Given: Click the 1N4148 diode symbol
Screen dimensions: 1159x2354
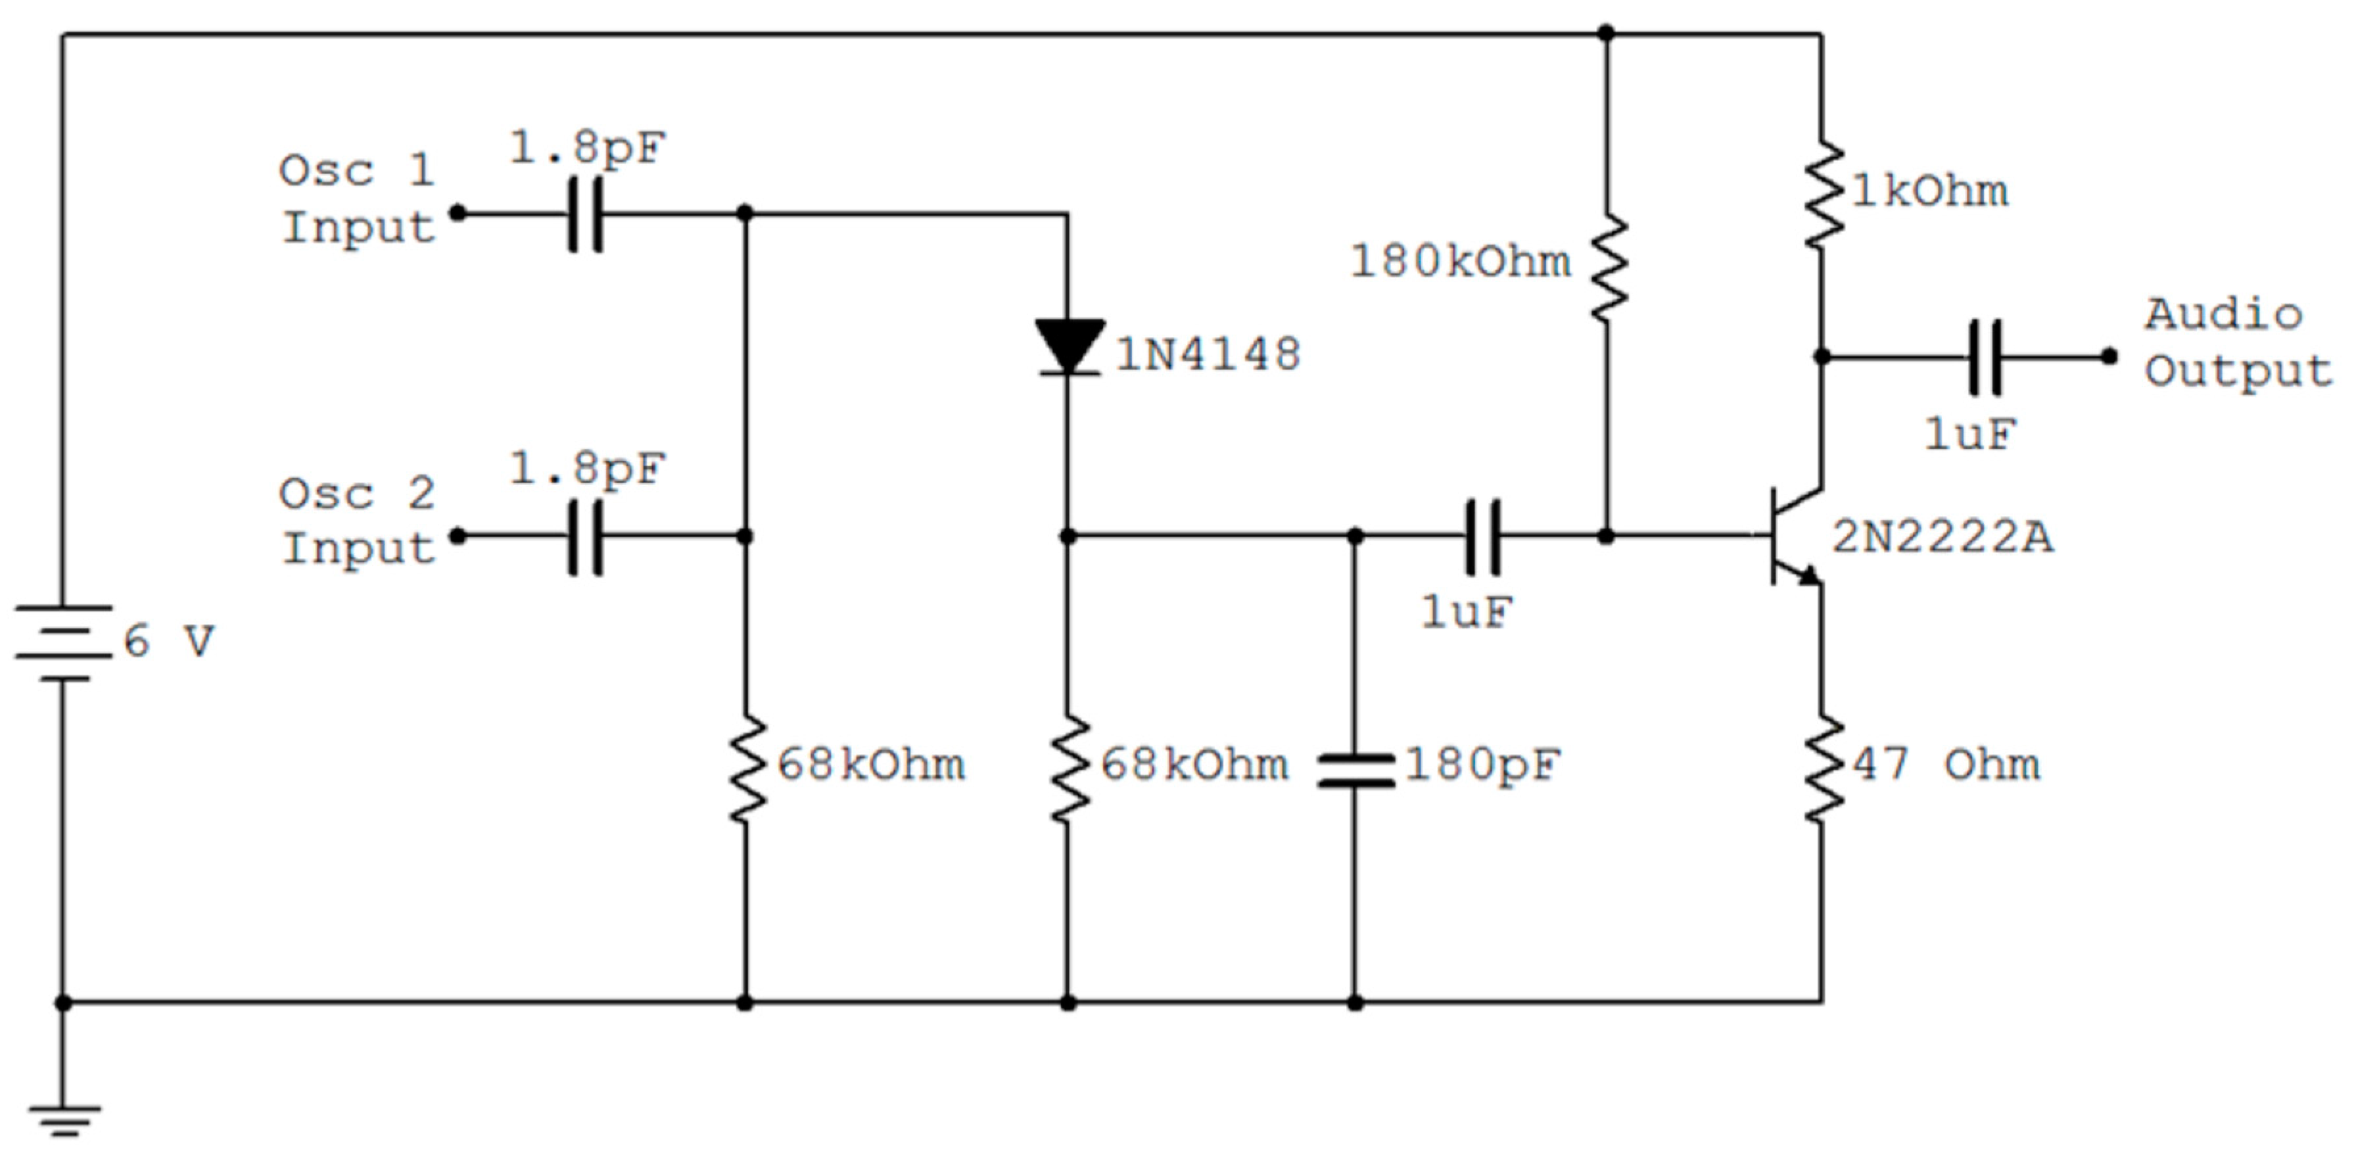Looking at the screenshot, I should click(x=1068, y=346).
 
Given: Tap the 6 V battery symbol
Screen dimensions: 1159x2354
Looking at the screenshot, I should click(x=63, y=642).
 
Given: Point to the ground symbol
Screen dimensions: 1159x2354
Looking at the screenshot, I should click(x=63, y=1120).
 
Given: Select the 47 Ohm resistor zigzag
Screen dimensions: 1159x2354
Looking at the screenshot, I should click(x=1822, y=768).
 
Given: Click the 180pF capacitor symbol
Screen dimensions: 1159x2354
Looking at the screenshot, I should click(x=1355, y=770).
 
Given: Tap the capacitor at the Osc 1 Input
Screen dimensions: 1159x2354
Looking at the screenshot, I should click(x=585, y=214).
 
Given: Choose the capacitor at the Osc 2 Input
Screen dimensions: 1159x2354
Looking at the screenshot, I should click(x=585, y=536).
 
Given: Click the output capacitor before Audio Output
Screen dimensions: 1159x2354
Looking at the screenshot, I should click(x=1984, y=356).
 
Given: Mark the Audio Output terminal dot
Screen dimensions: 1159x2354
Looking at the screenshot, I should click(x=2108, y=356).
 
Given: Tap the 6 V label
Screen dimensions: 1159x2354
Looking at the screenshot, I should click(x=169, y=641).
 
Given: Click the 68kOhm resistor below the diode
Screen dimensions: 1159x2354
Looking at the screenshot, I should click(x=1068, y=768).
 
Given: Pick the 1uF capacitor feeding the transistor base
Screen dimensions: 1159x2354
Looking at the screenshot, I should click(x=1482, y=536).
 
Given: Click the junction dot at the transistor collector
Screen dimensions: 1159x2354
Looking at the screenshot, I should click(x=1822, y=356).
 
